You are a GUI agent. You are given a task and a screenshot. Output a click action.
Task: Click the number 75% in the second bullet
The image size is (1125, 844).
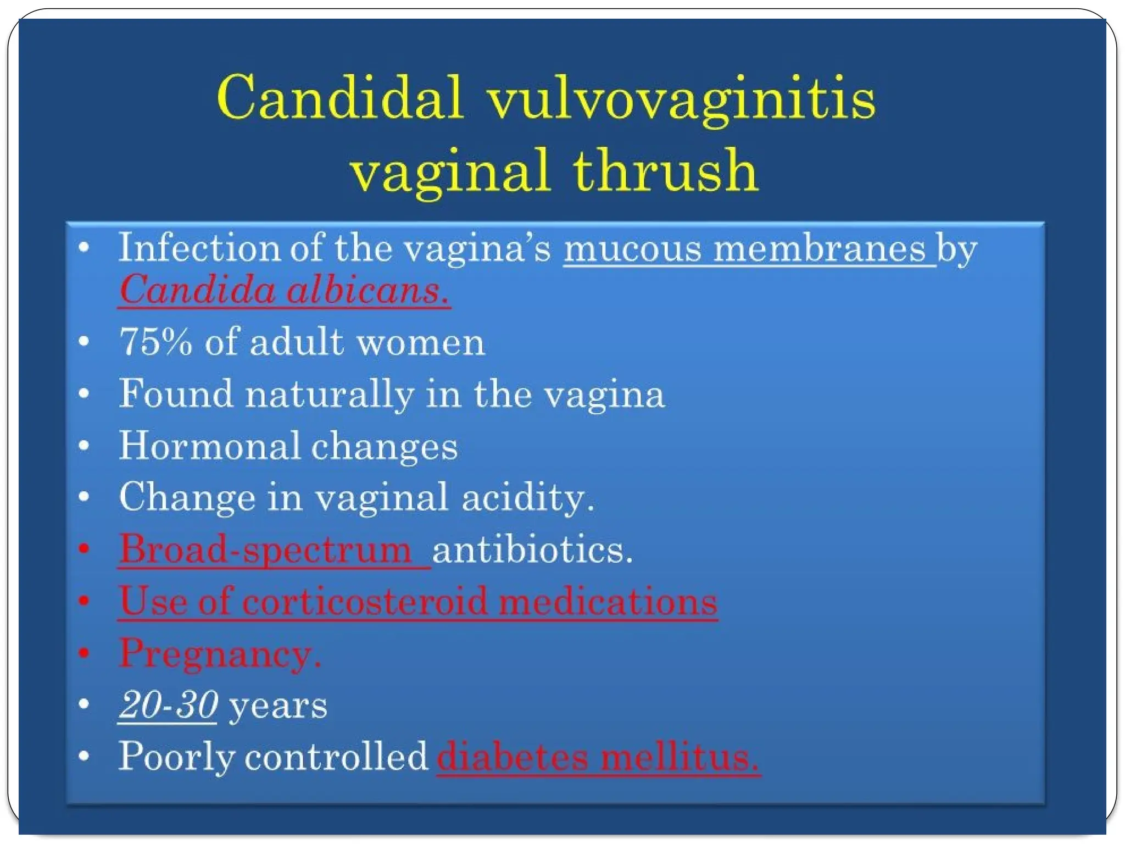tap(156, 342)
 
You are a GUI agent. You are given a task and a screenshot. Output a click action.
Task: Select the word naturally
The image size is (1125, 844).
tap(330, 395)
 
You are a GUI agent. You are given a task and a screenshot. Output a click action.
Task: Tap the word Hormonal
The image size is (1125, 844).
tap(209, 446)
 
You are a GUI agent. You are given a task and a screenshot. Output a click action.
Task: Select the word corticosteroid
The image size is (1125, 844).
tap(365, 601)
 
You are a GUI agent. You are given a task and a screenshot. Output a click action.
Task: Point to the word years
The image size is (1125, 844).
tap(278, 706)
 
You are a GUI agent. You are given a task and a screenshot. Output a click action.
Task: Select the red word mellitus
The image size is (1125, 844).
tap(679, 757)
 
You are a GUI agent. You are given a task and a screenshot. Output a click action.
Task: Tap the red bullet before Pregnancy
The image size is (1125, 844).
tap(84, 652)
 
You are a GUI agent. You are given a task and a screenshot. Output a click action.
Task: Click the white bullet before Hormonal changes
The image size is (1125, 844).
tap(84, 445)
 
